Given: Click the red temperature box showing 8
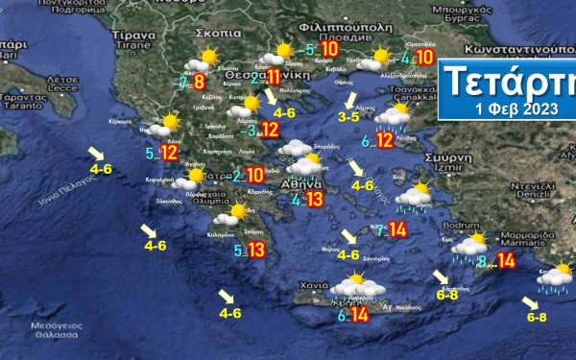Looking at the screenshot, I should (200, 83).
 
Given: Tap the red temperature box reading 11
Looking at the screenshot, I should (274, 78).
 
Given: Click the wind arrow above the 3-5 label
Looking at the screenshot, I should (350, 100).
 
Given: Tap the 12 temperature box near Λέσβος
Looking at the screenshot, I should (384, 141).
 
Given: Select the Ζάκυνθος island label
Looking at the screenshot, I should (169, 202).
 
